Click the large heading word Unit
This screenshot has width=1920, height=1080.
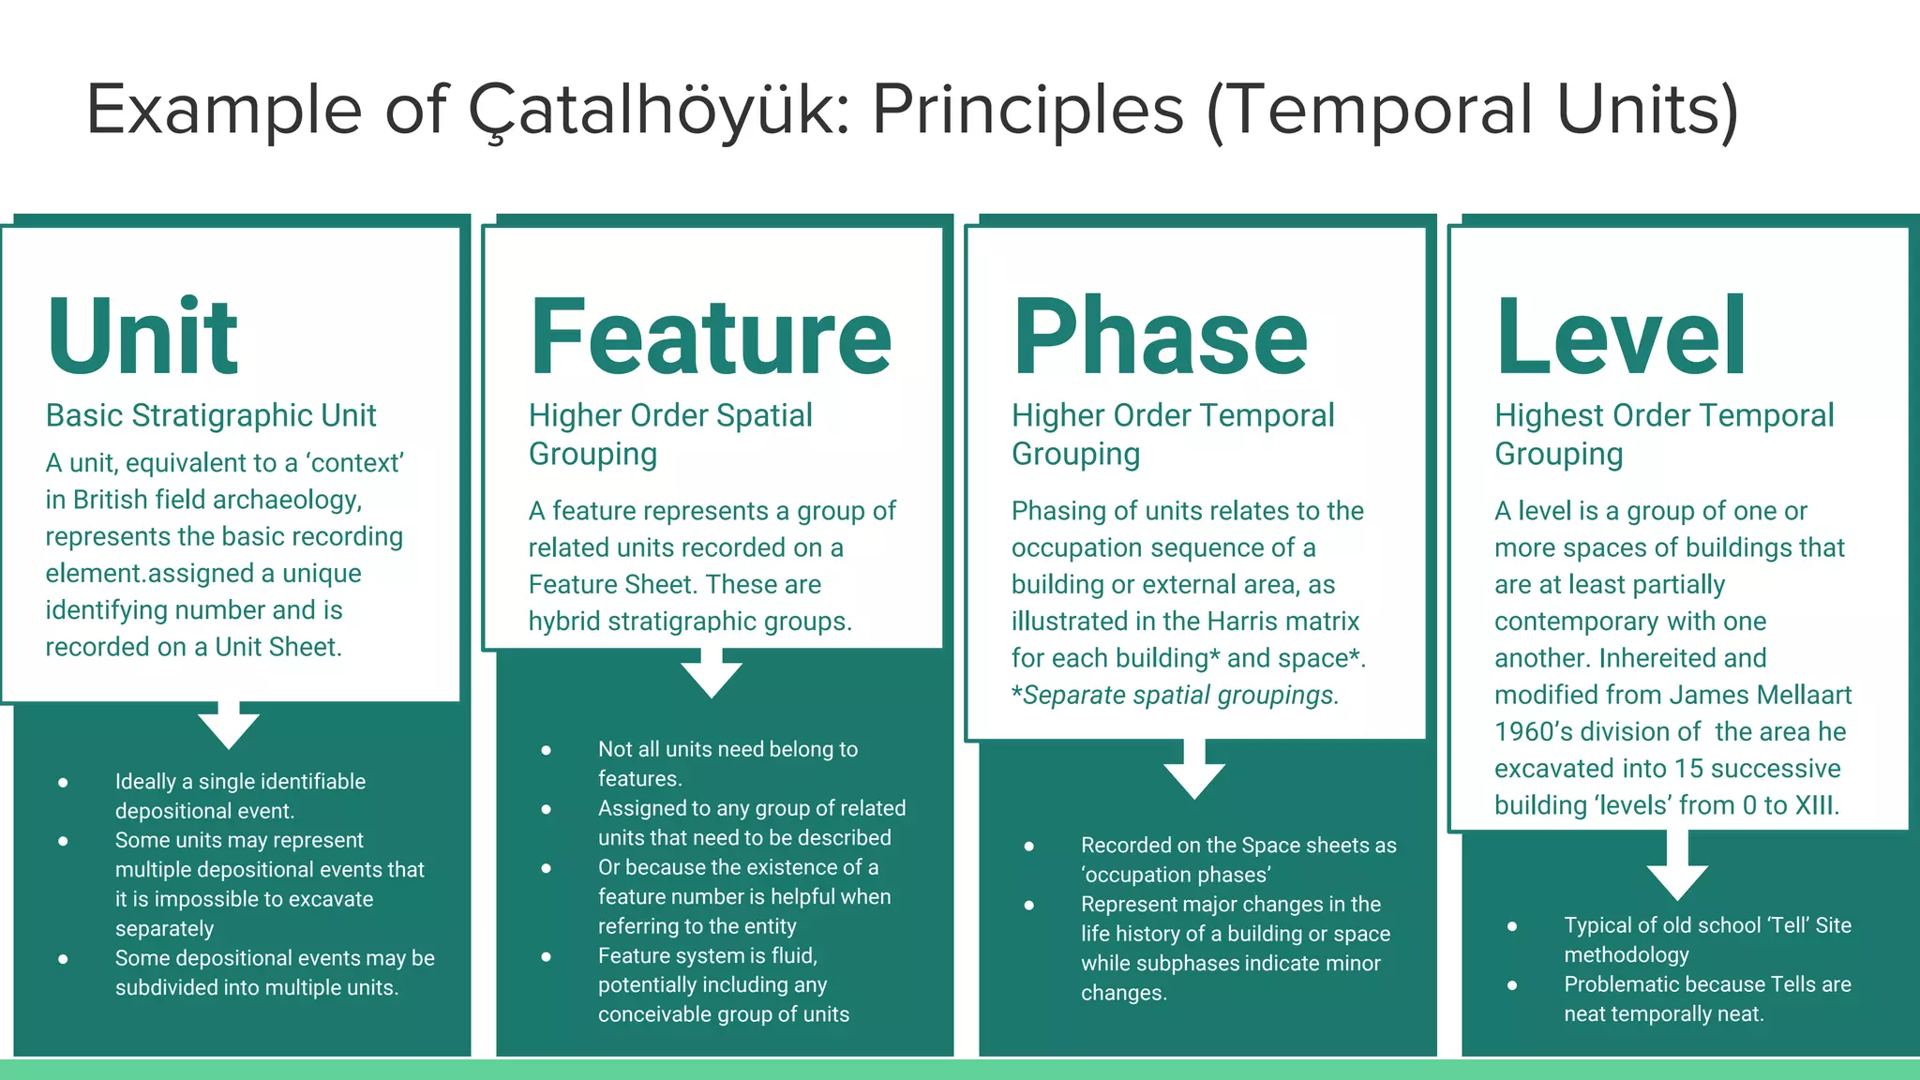[x=142, y=336]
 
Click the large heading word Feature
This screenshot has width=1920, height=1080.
[x=710, y=336]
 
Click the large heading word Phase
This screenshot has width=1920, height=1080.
[x=1160, y=336]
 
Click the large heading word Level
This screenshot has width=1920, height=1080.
[x=1620, y=336]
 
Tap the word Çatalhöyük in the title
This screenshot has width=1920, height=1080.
[x=658, y=111]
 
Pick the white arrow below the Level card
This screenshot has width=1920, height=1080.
[x=1677, y=870]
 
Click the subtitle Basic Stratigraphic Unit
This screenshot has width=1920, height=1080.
[x=211, y=415]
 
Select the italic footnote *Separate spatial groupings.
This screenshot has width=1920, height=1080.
[x=1175, y=695]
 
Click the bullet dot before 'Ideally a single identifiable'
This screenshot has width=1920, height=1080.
[x=63, y=782]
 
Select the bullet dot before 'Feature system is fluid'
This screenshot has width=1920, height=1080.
[x=546, y=956]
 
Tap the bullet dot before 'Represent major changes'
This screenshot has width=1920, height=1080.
[x=1028, y=905]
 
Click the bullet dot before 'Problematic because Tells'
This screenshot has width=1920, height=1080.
[x=1511, y=984]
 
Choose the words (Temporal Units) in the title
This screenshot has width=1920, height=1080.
[x=1472, y=111]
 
